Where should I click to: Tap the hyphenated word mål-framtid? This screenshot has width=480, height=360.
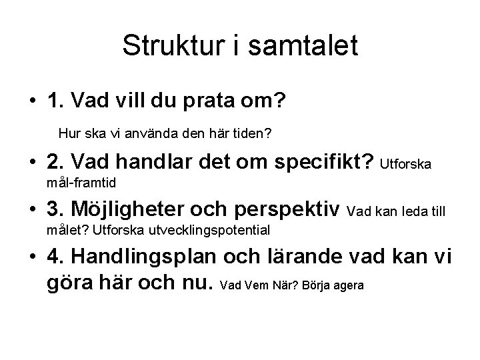83,181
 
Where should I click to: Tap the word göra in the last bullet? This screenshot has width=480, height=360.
73,285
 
